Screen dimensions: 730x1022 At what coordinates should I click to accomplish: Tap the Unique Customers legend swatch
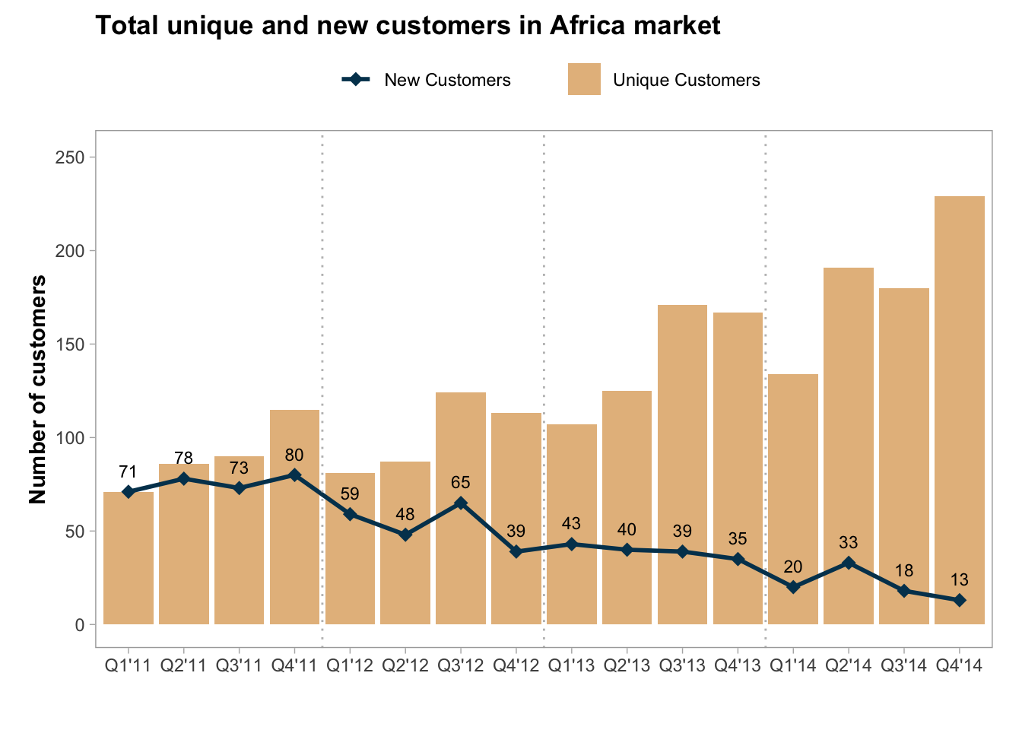584,79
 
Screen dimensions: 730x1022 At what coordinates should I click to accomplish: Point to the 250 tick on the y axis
71,157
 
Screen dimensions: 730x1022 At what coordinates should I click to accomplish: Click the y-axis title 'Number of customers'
38,389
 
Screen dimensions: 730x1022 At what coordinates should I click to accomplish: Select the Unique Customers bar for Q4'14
959,411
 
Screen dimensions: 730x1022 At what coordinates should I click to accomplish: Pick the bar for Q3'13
682,465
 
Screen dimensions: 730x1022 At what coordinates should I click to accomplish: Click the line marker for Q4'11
294,475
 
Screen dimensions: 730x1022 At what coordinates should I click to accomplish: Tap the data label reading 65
460,482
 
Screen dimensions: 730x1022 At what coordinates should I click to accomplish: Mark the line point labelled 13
959,600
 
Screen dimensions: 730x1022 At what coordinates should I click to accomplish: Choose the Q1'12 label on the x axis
349,666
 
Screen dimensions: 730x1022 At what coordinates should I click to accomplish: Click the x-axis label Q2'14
848,666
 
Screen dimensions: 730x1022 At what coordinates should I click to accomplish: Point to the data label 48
405,514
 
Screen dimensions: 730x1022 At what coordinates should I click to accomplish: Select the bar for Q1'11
129,558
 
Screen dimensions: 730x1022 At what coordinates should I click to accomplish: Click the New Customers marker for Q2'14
848,563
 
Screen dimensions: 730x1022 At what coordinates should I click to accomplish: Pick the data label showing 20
792,567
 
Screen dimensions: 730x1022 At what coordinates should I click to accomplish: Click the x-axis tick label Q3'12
460,666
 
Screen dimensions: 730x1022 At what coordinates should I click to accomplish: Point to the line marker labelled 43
571,544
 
